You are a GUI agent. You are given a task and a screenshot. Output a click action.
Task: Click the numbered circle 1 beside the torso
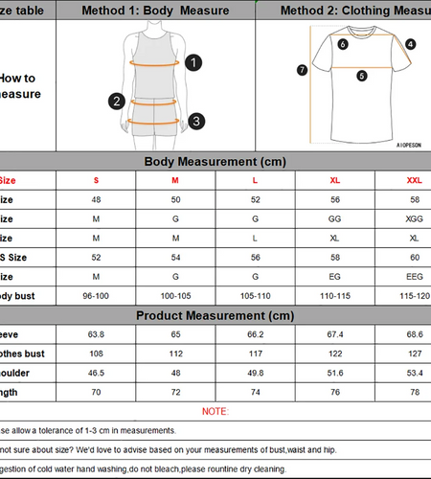[193, 63]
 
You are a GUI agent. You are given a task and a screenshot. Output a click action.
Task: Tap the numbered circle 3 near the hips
[195, 121]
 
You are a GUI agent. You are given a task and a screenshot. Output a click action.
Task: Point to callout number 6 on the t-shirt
[343, 43]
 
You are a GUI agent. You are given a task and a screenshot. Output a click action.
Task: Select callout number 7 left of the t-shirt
[302, 69]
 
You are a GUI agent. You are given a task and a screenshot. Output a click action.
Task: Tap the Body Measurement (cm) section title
[215, 162]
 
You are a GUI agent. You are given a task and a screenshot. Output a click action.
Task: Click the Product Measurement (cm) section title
[215, 315]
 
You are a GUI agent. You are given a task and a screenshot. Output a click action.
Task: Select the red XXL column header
[414, 180]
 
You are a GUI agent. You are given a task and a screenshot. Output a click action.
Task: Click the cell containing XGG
[414, 218]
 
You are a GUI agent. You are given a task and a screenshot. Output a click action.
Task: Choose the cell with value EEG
[414, 277]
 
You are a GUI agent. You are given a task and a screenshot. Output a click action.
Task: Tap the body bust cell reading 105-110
[255, 296]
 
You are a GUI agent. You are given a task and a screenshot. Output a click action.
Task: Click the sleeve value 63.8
[96, 334]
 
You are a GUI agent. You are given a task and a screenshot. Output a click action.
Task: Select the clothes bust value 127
[414, 354]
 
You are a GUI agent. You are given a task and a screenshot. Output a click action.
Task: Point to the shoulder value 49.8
[255, 373]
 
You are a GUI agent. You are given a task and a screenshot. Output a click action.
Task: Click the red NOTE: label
[215, 411]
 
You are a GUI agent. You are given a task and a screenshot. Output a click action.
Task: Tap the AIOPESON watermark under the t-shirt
[411, 146]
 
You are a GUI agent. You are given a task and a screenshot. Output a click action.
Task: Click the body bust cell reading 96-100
[96, 296]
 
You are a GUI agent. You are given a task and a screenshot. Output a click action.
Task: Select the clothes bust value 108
[96, 354]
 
